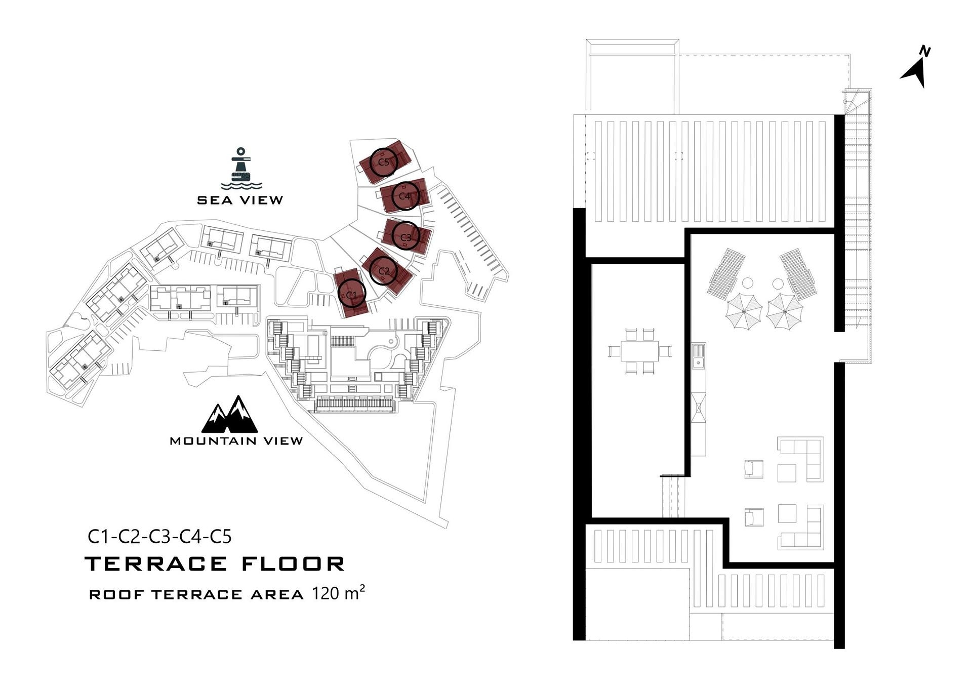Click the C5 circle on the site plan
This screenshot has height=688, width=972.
tap(383, 162)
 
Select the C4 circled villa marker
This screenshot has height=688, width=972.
tap(405, 195)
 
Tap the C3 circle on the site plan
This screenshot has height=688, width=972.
tap(406, 236)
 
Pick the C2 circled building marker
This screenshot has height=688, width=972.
tap(384, 271)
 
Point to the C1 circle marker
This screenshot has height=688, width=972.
tap(351, 295)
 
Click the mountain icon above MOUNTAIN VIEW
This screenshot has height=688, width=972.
tap(229, 415)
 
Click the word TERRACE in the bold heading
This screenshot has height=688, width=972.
tap(156, 564)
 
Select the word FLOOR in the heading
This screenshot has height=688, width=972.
tap(294, 564)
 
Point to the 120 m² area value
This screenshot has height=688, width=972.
tap(338, 593)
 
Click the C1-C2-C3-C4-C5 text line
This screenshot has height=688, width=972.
tap(159, 536)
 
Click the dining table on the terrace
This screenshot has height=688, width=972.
tap(639, 351)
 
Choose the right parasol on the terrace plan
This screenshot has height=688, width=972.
tap(784, 311)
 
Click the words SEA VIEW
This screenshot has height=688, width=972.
tap(240, 200)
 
